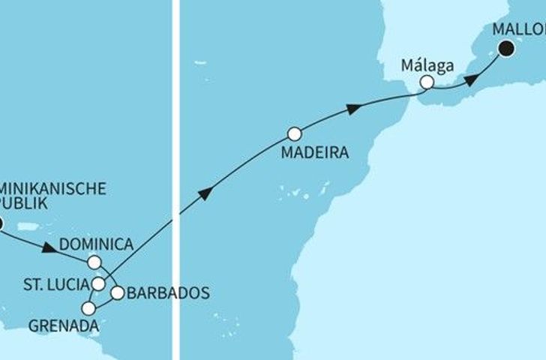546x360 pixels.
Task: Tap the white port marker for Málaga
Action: [427, 82]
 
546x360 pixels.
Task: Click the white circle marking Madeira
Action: [295, 134]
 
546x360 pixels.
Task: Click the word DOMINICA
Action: [96, 244]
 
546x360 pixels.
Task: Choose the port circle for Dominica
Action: [94, 262]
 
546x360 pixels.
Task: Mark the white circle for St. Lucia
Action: [98, 283]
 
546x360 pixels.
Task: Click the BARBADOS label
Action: [167, 292]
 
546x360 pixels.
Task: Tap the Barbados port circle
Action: [118, 293]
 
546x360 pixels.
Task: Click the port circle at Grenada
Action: [89, 308]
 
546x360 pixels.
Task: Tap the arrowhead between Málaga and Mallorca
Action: [469, 79]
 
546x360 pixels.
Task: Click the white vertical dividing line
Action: [175, 180]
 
